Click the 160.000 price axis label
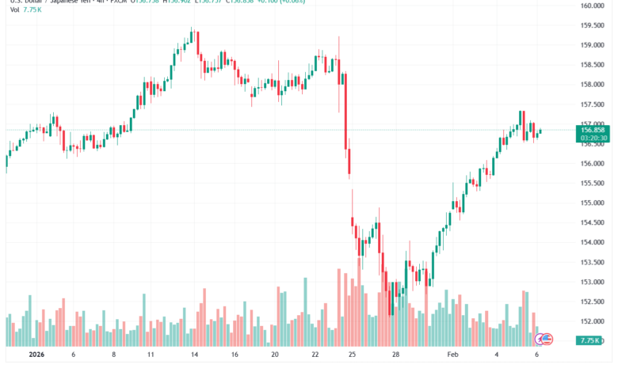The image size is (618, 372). pos(593,6)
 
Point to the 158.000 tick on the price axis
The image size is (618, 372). pos(593,85)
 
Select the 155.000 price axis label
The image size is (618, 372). pos(593,203)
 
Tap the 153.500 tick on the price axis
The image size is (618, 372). pos(593,262)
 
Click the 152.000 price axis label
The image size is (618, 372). pos(593,321)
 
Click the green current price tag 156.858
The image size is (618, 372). pos(593,129)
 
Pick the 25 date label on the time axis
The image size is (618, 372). pos(352,356)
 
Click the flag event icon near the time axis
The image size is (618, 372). pos(544,339)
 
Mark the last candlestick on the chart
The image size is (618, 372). pos(540,131)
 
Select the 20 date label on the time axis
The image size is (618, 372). pos(274,356)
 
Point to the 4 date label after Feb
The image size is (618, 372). pos(498,356)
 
